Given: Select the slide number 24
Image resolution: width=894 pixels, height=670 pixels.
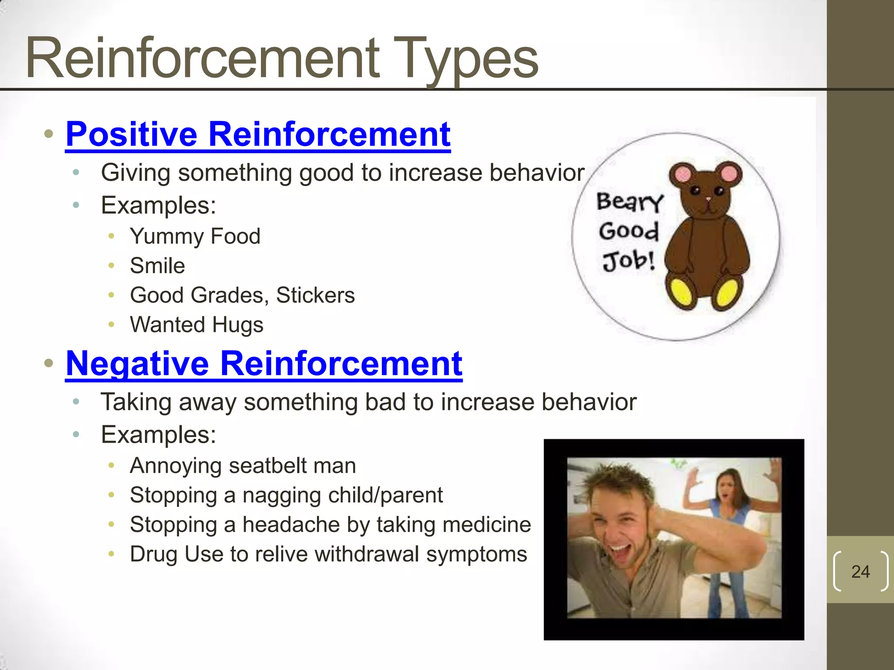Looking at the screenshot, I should (x=860, y=571).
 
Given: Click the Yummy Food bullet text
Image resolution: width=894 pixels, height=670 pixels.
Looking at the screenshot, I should (x=195, y=236).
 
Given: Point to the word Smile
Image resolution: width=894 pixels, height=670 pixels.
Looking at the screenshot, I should (x=157, y=266).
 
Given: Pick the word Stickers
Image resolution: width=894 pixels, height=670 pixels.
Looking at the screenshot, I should (x=315, y=295).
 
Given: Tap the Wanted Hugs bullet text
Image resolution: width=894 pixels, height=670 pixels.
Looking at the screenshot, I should (x=196, y=325).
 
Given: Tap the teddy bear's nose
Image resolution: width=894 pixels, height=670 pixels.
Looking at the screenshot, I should (x=708, y=199).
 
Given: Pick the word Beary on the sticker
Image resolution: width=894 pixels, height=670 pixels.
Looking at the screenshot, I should (x=629, y=202).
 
